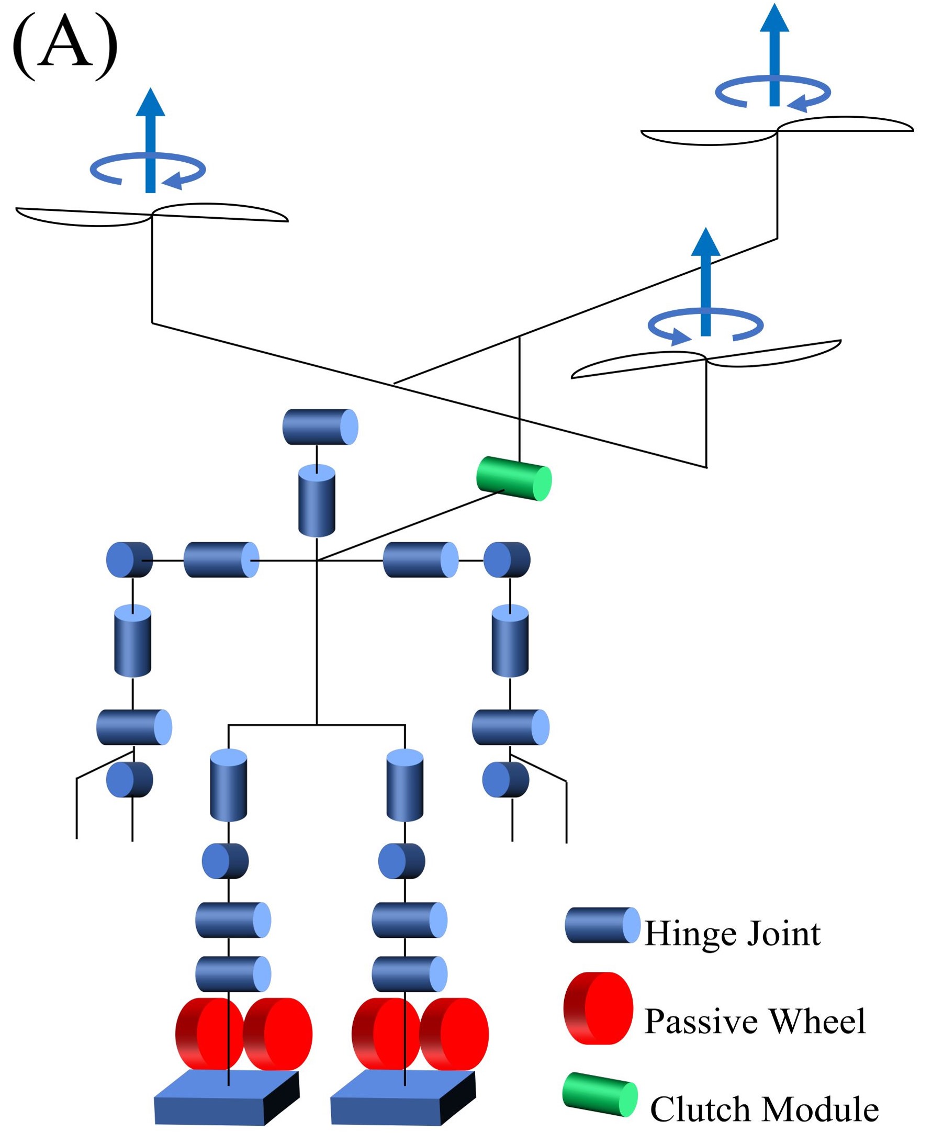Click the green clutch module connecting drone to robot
tap(513, 478)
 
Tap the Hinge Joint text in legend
tap(732, 934)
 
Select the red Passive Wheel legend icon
tap(598, 1008)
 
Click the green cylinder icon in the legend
tap(600, 1094)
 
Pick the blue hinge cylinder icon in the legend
tap(602, 925)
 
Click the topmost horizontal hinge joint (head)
tap(320, 427)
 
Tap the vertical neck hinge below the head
tap(317, 500)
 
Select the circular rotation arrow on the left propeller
tap(148, 169)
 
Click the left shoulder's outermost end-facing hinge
tap(129, 559)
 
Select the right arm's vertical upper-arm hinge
tap(510, 641)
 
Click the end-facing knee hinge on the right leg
tap(401, 861)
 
